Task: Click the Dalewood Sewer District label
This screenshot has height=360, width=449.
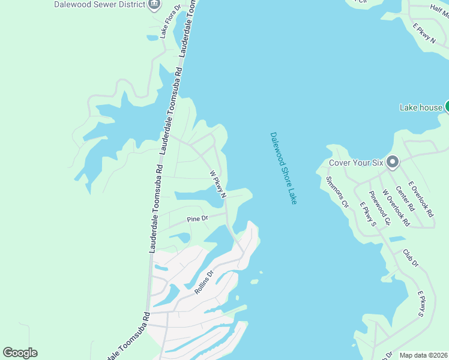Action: coord(100,4)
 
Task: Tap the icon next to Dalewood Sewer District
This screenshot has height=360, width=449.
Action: coord(154,5)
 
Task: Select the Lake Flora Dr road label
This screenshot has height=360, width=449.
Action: coord(170,22)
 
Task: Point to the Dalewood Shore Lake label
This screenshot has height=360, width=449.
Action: coord(283,168)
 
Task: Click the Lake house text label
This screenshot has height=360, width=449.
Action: coord(421,107)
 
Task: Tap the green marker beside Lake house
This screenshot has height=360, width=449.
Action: coord(446,107)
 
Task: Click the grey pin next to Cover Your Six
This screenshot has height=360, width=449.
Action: coord(393,162)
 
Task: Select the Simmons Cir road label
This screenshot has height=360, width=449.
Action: coord(337,191)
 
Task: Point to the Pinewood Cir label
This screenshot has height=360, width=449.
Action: coord(379,208)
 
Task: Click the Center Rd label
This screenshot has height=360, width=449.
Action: coord(405,197)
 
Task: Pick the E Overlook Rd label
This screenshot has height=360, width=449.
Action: coord(421,199)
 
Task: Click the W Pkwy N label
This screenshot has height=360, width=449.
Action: coord(217,184)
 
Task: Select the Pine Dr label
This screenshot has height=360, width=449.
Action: coord(197,218)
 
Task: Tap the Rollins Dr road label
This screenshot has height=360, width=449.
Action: coord(204,282)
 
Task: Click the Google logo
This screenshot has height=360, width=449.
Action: coord(20,352)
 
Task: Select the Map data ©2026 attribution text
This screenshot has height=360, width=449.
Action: coord(423,355)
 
